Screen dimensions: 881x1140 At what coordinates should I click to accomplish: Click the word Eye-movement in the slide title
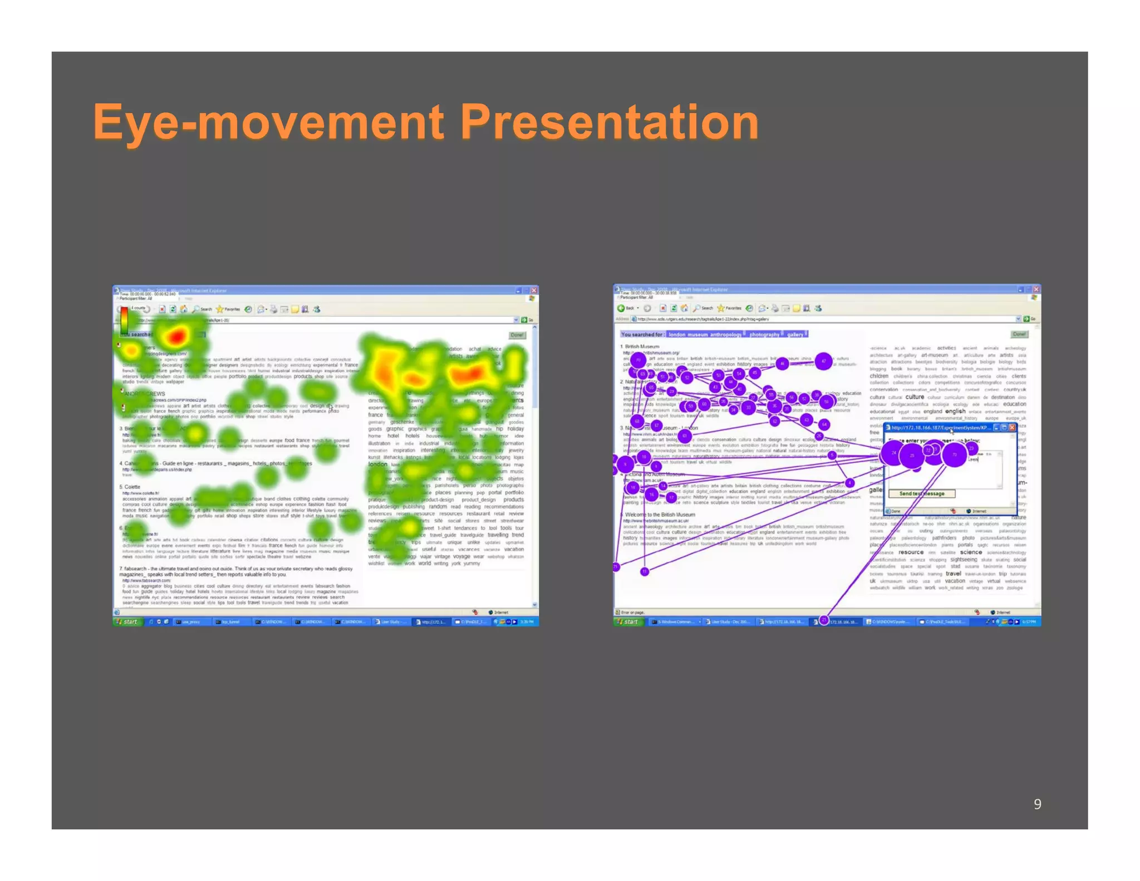(269, 122)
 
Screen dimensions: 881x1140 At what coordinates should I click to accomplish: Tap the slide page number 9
(1037, 804)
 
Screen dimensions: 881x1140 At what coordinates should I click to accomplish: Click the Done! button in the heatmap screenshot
(517, 335)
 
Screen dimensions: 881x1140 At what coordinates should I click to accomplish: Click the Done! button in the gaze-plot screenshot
(1019, 334)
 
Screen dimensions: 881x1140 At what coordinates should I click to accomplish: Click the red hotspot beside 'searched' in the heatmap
(176, 336)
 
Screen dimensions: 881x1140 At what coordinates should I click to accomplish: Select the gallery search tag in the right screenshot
(795, 334)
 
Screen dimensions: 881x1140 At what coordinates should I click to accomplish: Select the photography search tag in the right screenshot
(764, 334)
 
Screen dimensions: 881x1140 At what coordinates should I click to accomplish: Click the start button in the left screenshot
(129, 621)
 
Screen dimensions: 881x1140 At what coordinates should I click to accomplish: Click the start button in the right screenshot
(629, 621)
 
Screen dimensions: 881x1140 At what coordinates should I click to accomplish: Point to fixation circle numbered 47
(823, 361)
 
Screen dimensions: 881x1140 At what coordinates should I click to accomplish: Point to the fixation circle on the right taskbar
(824, 620)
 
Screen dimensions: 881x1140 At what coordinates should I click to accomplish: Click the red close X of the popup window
(1012, 427)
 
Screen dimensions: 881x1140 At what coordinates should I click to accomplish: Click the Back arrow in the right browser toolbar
(621, 308)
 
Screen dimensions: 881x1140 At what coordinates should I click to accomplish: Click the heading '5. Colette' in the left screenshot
(130, 487)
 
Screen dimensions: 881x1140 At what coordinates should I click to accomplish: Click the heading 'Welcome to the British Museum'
(660, 515)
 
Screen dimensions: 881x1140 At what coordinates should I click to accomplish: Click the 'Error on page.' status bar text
(635, 612)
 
